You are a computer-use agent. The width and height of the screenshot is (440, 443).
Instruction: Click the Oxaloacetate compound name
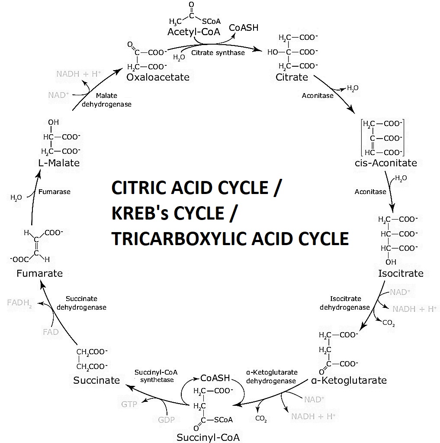point(158,77)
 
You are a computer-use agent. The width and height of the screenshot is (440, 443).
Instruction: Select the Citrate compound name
point(292,78)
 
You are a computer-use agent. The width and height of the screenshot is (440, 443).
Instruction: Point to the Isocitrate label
point(400,273)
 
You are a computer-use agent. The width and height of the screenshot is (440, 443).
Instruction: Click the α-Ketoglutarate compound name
point(349,381)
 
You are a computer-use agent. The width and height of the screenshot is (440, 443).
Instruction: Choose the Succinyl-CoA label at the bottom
point(208,436)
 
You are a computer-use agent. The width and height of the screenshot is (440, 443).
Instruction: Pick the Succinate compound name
point(96,380)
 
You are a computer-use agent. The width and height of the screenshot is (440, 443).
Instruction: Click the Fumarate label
point(39,273)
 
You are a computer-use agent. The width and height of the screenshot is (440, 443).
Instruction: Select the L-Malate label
point(59,163)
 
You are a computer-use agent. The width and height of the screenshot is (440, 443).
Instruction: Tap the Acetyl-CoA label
point(194,32)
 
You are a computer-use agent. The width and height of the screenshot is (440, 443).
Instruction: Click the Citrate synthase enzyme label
point(218,53)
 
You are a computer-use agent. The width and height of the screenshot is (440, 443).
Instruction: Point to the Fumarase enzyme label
point(54,191)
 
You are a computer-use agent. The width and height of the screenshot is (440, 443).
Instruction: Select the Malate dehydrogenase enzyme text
point(106,100)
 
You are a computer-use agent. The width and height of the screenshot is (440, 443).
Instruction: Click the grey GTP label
point(129,404)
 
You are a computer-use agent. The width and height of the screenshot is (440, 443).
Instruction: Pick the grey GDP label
point(166,420)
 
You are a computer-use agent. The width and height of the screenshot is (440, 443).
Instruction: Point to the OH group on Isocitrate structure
point(391,262)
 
